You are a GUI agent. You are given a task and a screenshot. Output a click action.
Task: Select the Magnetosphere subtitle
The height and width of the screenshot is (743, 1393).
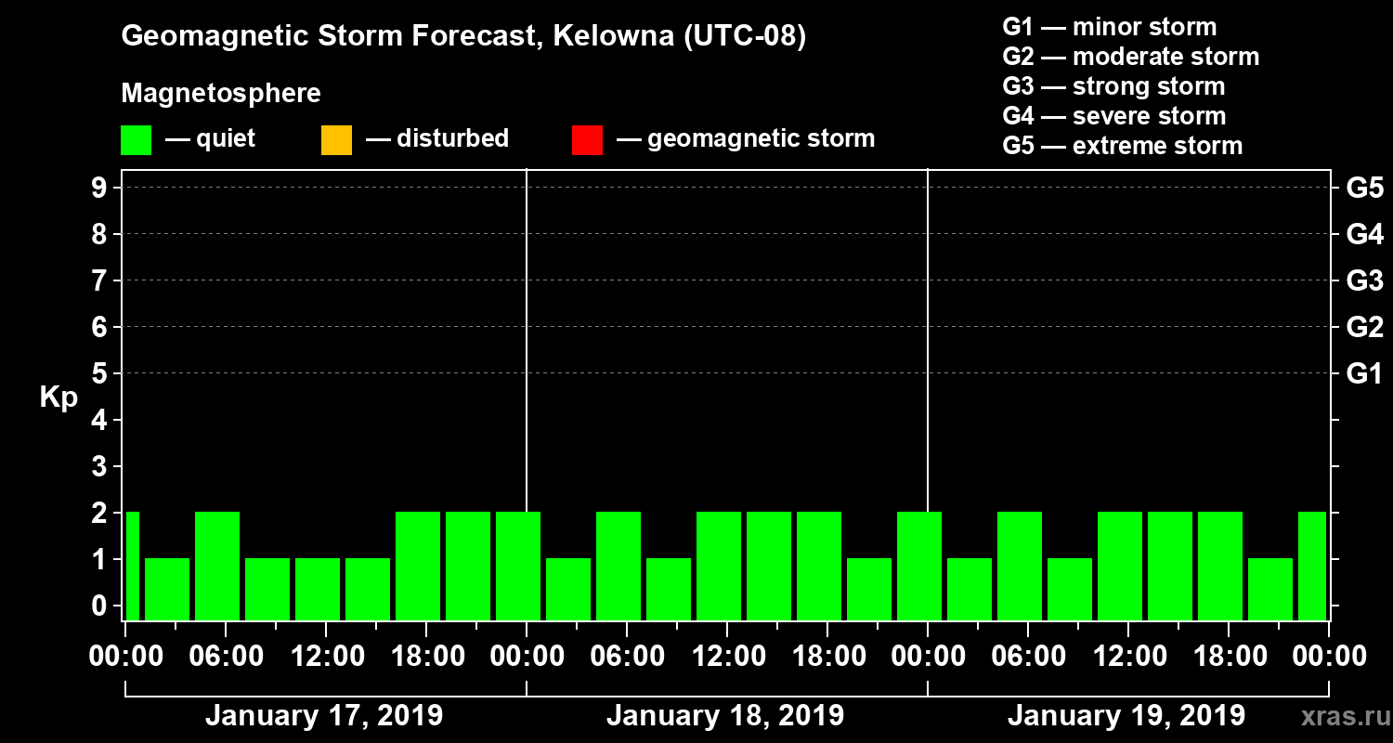click(221, 94)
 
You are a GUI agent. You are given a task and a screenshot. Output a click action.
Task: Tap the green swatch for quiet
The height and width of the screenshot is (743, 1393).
click(136, 139)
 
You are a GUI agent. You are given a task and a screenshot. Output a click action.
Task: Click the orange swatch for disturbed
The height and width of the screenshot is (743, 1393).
click(336, 139)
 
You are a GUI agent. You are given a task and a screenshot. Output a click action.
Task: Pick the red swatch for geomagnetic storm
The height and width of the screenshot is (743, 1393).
click(587, 139)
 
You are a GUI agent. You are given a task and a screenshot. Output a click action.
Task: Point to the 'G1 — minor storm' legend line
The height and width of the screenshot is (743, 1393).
click(1109, 27)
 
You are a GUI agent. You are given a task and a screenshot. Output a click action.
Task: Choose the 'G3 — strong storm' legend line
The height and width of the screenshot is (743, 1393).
click(1113, 86)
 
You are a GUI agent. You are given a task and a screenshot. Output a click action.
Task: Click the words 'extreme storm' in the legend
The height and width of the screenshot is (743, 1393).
click(1157, 146)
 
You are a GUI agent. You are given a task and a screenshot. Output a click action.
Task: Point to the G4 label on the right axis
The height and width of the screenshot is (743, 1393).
click(1364, 235)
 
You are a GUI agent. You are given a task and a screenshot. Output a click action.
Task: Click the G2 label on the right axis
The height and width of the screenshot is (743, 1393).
click(1364, 328)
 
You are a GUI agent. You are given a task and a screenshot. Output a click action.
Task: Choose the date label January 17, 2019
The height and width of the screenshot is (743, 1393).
click(324, 716)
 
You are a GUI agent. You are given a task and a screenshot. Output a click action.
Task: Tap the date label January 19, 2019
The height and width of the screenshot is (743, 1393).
click(1126, 716)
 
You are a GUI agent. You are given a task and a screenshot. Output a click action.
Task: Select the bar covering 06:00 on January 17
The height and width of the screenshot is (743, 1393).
click(217, 566)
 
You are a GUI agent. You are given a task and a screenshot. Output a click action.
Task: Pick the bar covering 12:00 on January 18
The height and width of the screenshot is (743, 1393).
click(719, 566)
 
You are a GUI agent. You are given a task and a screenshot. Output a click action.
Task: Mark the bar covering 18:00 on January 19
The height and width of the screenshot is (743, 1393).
click(1220, 566)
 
